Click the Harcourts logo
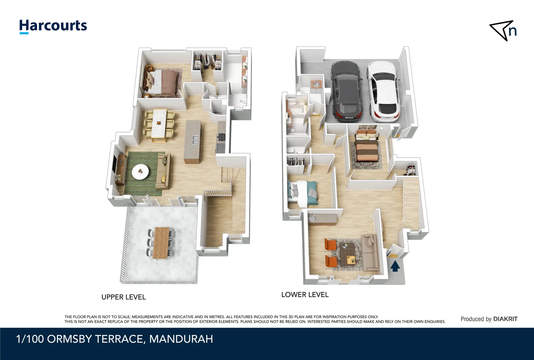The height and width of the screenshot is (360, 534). click(53, 26)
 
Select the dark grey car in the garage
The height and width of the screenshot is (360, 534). click(346, 91)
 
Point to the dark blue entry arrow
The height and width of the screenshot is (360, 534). click(395, 266)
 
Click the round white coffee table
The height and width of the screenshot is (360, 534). click(140, 172)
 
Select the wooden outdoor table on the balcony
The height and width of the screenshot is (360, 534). click(161, 243)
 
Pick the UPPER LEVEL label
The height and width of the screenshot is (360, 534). click(124, 297)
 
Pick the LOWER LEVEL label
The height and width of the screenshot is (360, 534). click(305, 295)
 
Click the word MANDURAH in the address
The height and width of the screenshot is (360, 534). click(181, 339)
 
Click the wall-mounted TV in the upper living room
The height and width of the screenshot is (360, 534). click(114, 163)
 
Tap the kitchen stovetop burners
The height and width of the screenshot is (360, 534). click(222, 137)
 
